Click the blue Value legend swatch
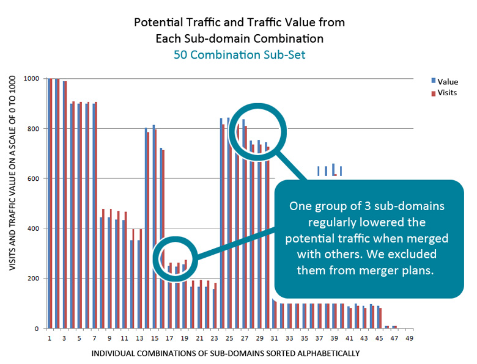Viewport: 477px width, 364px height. [433, 81]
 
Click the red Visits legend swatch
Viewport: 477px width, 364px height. [433, 93]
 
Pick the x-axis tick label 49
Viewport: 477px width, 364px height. [409, 337]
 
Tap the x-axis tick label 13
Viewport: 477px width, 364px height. [139, 337]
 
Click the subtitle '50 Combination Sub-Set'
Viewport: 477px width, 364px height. [239, 54]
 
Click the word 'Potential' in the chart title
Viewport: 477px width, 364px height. [157, 23]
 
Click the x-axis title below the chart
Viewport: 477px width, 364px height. [226, 353]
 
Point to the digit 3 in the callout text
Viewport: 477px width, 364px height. [353, 206]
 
